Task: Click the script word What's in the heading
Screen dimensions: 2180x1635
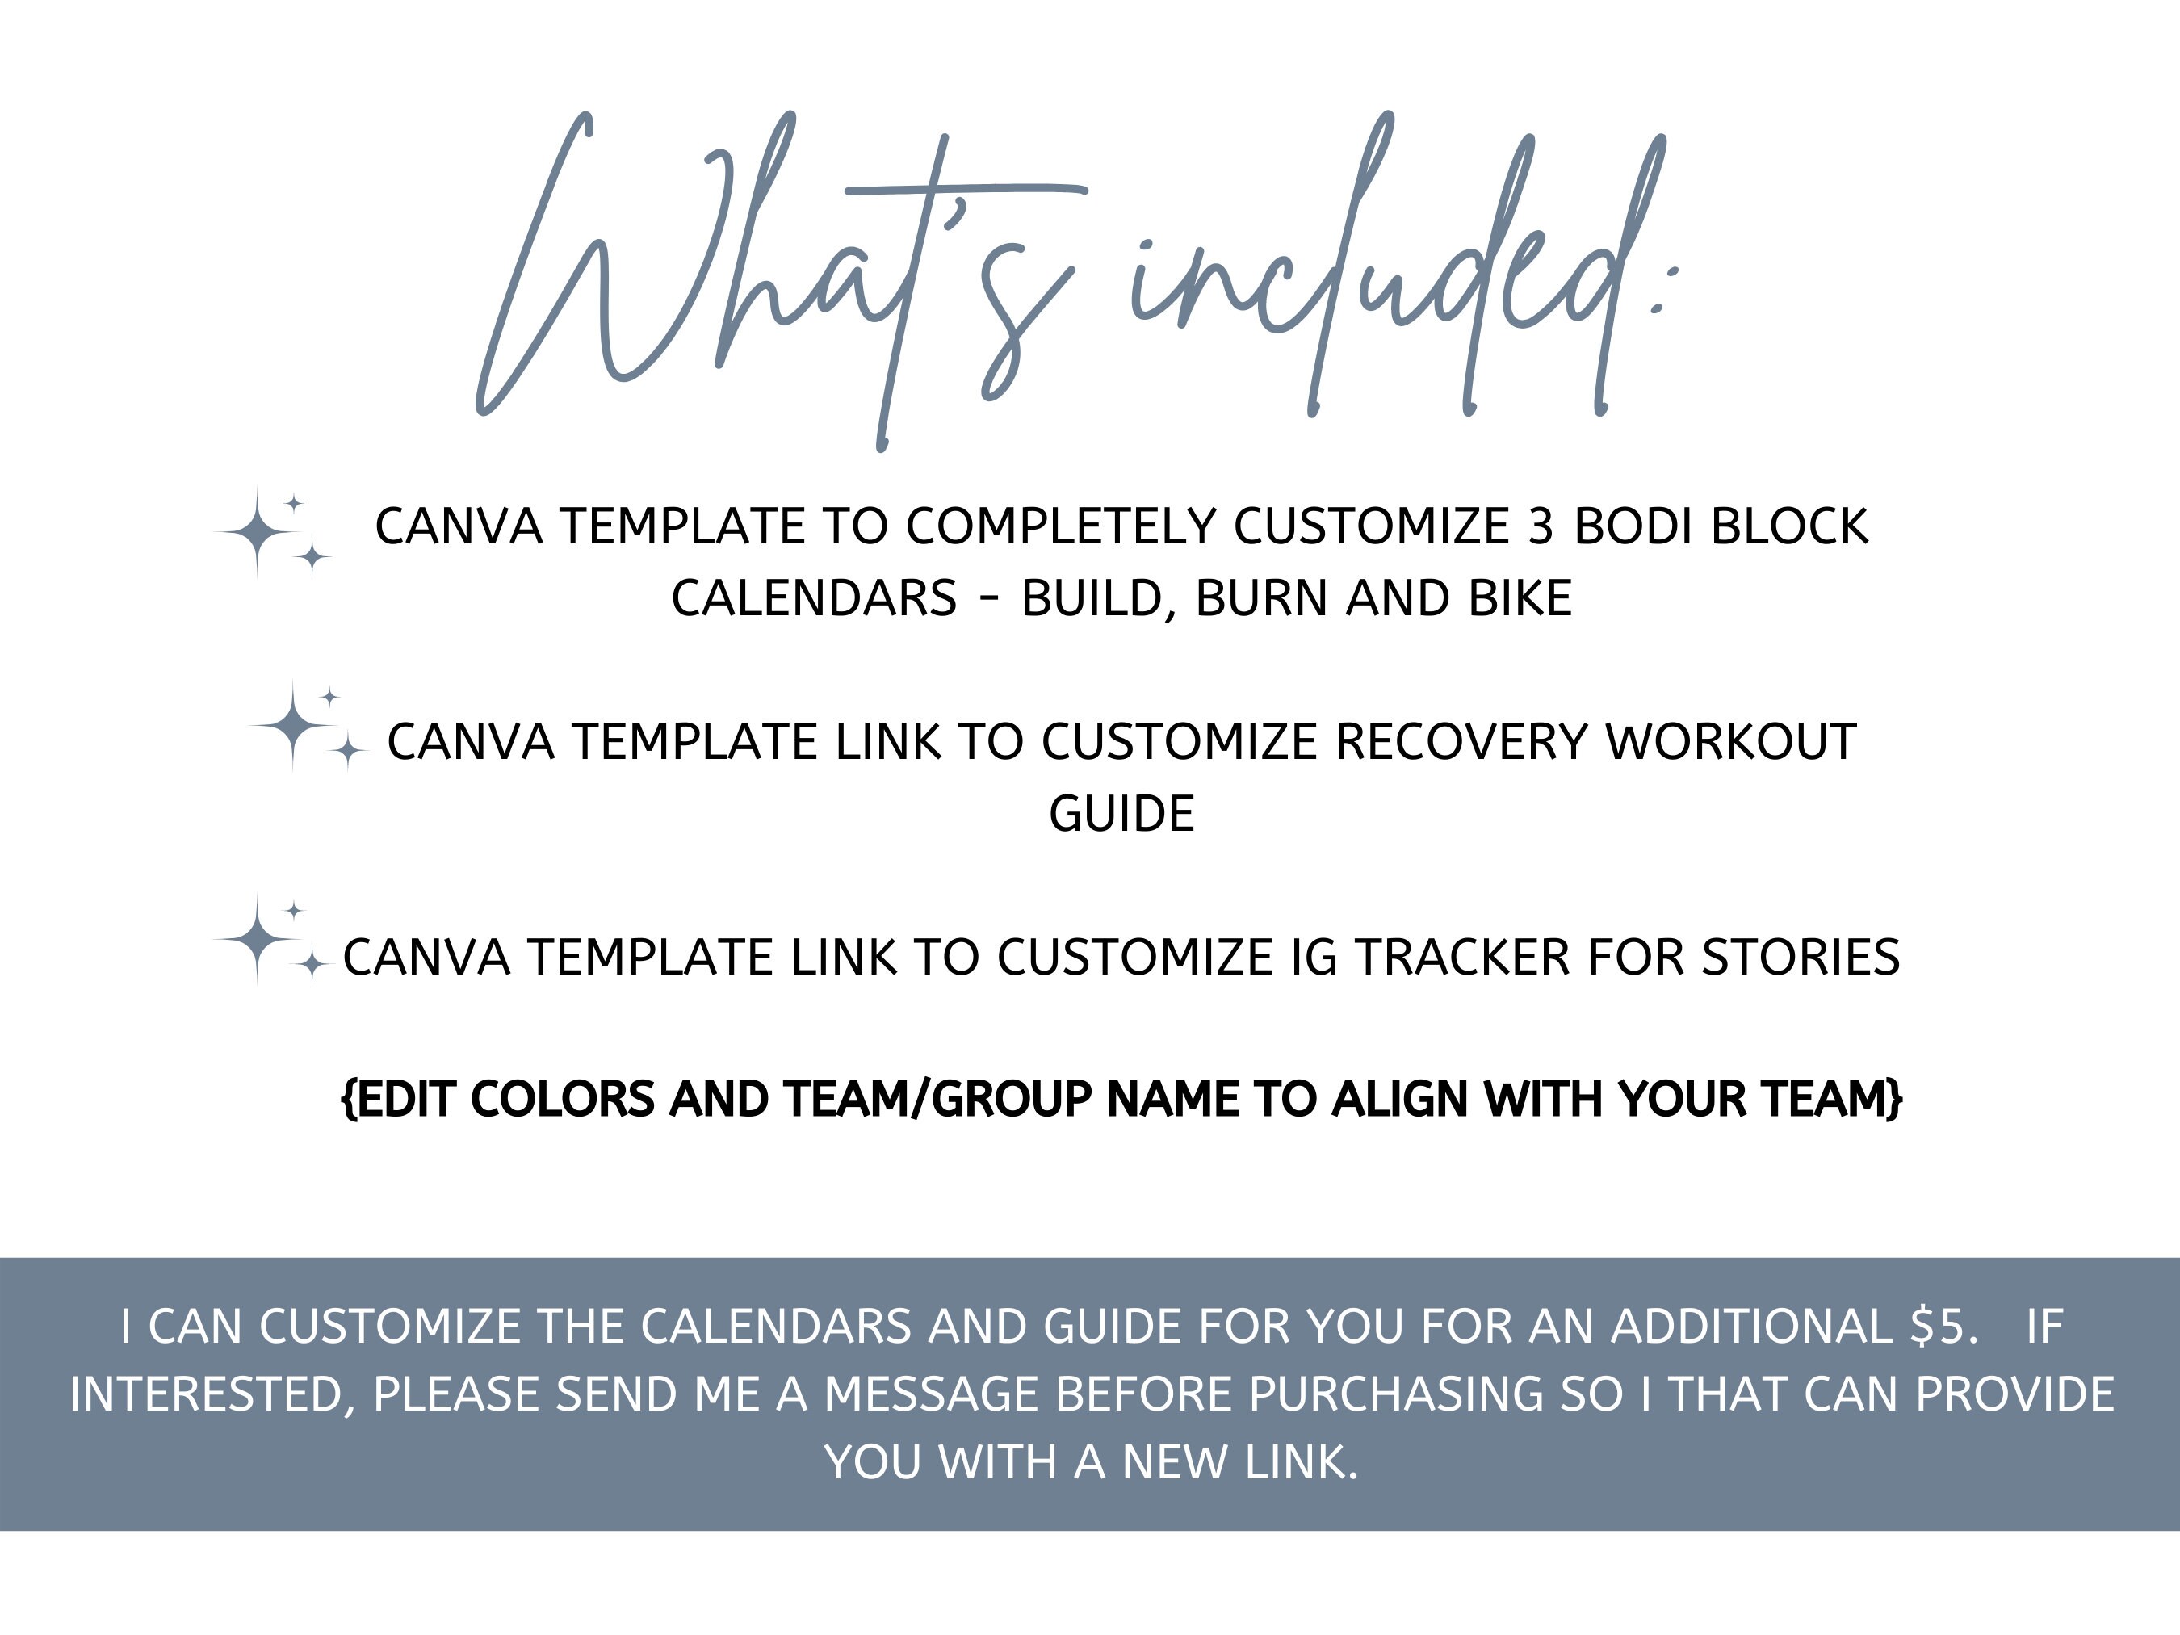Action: click(x=778, y=281)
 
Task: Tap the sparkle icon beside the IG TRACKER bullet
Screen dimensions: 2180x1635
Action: click(x=270, y=941)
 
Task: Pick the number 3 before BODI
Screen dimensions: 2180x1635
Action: click(x=1541, y=527)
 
